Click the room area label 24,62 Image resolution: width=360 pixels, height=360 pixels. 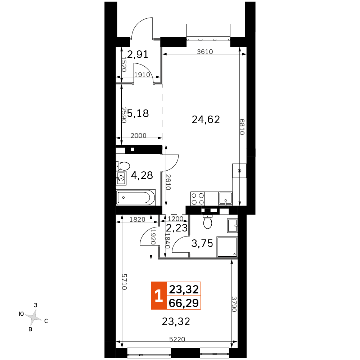(206, 120)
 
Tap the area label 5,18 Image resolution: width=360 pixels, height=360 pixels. (138, 113)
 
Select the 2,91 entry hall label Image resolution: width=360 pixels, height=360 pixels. (138, 54)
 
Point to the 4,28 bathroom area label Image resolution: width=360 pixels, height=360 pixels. (142, 175)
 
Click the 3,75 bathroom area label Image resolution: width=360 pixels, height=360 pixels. (202, 243)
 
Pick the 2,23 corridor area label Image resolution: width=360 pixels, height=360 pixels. (177, 228)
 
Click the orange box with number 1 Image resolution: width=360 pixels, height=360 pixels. (159, 296)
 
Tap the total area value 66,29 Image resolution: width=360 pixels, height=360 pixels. (184, 303)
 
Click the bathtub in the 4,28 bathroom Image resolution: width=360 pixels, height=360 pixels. (136, 197)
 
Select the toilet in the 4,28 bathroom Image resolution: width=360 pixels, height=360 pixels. (123, 166)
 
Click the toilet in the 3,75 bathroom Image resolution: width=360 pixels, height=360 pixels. (208, 221)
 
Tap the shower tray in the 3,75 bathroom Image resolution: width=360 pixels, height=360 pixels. (227, 247)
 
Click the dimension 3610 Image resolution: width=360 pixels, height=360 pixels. (205, 51)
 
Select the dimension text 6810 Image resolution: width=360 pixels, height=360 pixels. (242, 127)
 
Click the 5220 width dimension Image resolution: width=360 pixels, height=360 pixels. (177, 339)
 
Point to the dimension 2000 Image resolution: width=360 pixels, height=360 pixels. (139, 135)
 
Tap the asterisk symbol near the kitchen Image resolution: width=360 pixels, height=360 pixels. (239, 171)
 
